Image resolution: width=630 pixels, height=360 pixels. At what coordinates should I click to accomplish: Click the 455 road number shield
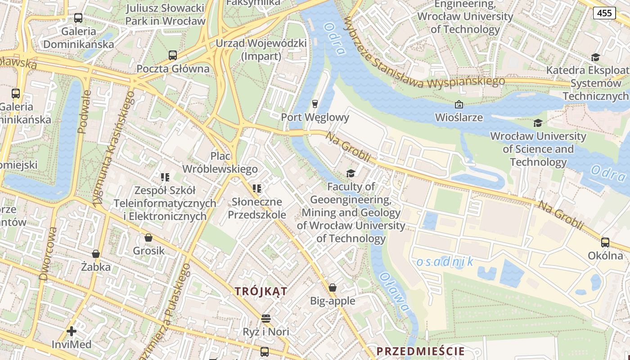[604, 13]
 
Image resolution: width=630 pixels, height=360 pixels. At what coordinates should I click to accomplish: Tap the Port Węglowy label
[315, 117]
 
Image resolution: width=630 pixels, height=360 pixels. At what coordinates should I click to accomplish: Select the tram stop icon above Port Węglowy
[315, 104]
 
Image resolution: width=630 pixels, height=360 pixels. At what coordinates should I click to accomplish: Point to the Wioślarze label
[459, 117]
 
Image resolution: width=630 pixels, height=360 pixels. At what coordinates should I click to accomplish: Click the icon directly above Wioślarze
[459, 104]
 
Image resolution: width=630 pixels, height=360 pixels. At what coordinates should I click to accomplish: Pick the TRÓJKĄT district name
[261, 292]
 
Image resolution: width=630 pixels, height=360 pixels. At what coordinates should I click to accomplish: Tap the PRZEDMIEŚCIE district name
[420, 351]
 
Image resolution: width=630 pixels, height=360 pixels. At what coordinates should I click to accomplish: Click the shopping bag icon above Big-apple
[333, 288]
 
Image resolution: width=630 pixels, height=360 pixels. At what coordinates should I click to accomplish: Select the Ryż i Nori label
[266, 332]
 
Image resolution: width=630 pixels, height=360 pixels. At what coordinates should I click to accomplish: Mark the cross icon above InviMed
[71, 332]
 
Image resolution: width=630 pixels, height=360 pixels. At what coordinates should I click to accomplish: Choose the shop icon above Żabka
[95, 254]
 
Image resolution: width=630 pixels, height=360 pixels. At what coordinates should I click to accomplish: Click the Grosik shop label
[148, 251]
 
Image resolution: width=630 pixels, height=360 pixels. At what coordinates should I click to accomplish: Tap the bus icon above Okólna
[605, 243]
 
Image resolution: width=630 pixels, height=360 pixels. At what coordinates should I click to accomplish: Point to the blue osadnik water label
[445, 261]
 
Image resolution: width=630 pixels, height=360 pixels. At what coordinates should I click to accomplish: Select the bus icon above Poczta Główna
[173, 55]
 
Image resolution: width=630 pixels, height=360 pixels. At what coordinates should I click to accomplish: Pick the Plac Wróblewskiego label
[220, 162]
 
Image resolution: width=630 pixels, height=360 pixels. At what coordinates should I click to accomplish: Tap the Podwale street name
[84, 112]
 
